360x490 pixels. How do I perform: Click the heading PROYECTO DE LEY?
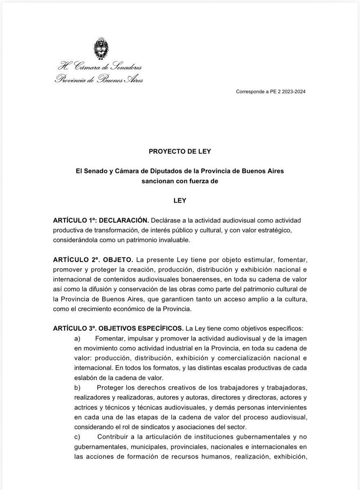[180, 151]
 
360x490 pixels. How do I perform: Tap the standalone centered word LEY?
[180, 200]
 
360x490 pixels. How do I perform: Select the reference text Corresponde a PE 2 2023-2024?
[271, 92]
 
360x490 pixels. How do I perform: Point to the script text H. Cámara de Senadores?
[100, 66]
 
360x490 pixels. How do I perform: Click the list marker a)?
[77, 339]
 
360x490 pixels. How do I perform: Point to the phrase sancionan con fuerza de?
[180, 180]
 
